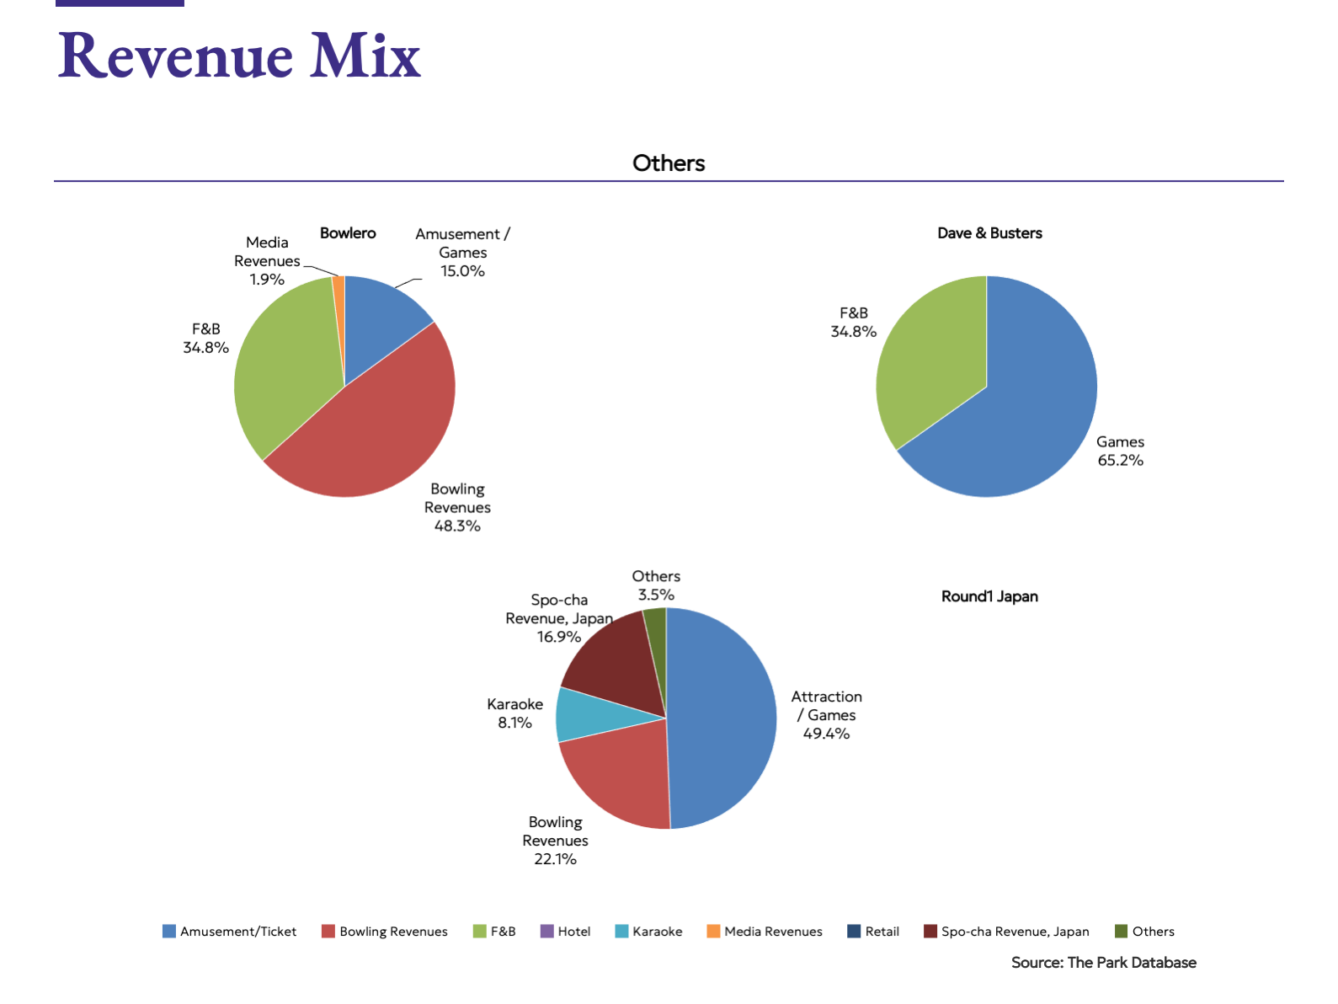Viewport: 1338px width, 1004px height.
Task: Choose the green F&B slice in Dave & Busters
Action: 926,362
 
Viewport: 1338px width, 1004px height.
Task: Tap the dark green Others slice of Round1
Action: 656,627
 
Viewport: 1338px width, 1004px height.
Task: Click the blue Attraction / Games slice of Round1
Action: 724,716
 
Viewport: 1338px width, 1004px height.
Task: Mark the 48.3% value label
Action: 457,526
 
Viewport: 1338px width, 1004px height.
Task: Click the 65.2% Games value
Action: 1120,461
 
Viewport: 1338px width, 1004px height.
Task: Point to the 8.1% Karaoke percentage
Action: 514,723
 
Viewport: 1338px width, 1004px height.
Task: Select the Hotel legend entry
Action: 566,932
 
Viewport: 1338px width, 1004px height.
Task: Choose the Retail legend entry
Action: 873,932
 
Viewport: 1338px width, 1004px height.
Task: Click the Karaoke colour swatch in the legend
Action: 621,932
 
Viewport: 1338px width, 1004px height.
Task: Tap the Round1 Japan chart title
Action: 989,596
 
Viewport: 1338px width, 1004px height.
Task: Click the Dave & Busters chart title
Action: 989,233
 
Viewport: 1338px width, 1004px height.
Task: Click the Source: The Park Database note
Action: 1103,963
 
